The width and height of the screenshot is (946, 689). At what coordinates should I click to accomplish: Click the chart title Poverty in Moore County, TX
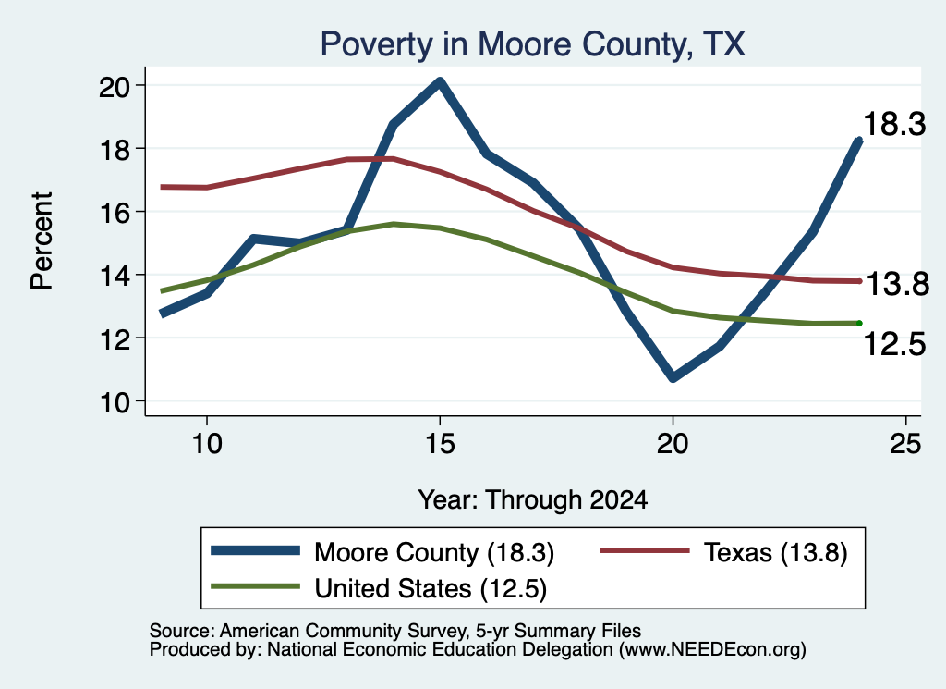coord(533,44)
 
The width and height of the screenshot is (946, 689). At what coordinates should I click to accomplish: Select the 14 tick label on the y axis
coord(115,277)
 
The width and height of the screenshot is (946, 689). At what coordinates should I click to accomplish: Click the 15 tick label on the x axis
coord(440,444)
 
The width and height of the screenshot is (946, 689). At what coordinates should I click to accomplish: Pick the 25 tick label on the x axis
coord(905,444)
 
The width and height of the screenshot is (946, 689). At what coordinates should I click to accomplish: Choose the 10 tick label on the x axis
coord(207,444)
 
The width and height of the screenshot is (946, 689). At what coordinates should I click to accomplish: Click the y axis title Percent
coord(42,241)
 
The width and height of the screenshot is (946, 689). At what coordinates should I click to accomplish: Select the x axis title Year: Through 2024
coord(533,500)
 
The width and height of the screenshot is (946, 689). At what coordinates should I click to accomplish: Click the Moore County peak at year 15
coord(440,82)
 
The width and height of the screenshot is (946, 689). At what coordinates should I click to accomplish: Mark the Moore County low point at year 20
coord(673,377)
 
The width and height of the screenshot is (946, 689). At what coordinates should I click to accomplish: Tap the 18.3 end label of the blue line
coord(894,124)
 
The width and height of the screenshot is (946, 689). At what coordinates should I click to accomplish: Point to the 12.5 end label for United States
coord(894,344)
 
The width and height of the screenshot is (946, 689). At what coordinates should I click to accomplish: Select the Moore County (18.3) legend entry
coord(382,552)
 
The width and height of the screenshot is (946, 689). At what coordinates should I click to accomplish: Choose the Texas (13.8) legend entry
coord(724,552)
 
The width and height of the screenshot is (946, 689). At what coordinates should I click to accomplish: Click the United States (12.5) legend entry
coord(379,588)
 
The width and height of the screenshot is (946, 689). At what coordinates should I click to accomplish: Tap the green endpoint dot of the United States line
coord(859,324)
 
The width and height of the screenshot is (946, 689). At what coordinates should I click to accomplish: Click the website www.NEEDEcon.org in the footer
coord(712,650)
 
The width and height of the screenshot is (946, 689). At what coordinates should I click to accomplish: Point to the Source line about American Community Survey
coord(395,631)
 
